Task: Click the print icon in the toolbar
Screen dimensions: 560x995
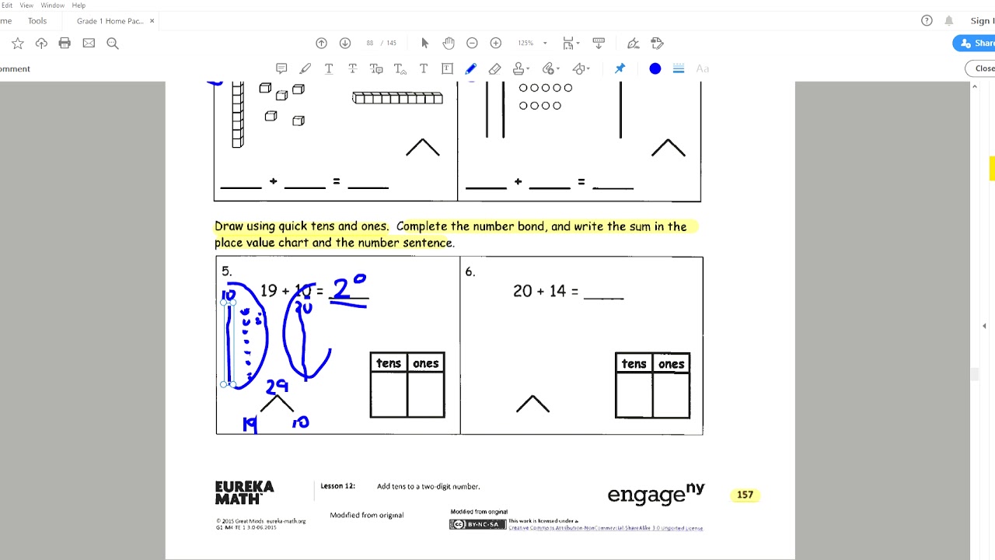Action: coord(65,44)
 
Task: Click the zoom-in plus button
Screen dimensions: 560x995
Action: coord(496,44)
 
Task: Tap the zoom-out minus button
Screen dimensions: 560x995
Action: coord(472,44)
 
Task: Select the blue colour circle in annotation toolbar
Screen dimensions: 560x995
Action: coord(655,69)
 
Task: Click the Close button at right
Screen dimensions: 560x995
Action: coord(983,68)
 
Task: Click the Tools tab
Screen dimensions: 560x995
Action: coord(37,21)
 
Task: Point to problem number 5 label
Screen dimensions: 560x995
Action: coord(226,271)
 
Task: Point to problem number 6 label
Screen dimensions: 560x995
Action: coord(470,271)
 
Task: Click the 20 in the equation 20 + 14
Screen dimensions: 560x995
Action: coord(522,291)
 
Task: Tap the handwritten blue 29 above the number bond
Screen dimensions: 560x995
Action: coord(277,386)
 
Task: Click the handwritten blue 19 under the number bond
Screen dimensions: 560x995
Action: coord(250,424)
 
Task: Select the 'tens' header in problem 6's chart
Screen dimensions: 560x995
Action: coord(634,364)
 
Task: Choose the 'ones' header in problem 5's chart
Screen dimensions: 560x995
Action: coord(426,363)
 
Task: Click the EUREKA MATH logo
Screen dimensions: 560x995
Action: coord(244,492)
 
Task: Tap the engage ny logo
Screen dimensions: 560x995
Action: coord(655,494)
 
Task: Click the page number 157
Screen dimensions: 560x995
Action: coord(745,495)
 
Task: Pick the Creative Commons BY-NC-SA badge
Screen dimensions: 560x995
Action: coord(477,525)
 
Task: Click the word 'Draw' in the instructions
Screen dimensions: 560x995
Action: coord(229,226)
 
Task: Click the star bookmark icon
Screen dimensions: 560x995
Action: coord(18,44)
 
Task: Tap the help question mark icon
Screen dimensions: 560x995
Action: coord(927,21)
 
